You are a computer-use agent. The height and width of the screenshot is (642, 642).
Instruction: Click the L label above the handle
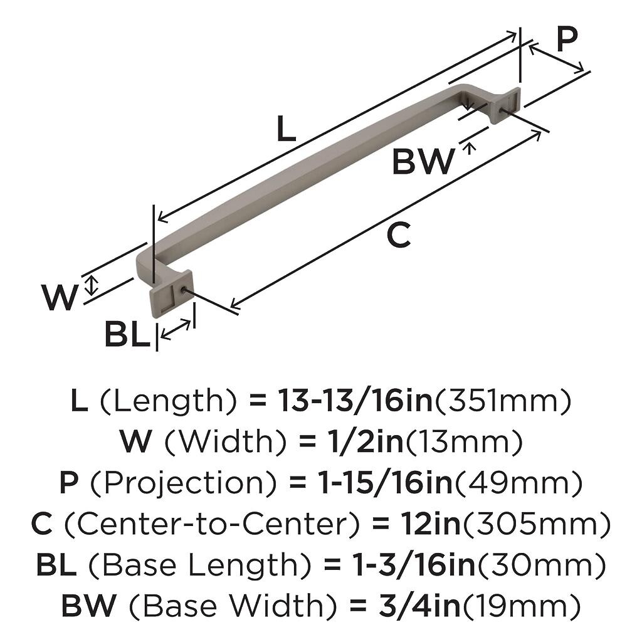coord(285,130)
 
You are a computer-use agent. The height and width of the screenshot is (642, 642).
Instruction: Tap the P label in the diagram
coord(566,41)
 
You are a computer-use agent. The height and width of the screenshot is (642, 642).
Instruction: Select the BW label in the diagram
coord(423,162)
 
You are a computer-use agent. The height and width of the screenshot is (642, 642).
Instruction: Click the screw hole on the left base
coord(181,290)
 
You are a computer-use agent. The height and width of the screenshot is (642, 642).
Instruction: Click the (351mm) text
coord(503,401)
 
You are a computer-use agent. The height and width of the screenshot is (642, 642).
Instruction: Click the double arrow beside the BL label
coord(177,329)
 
